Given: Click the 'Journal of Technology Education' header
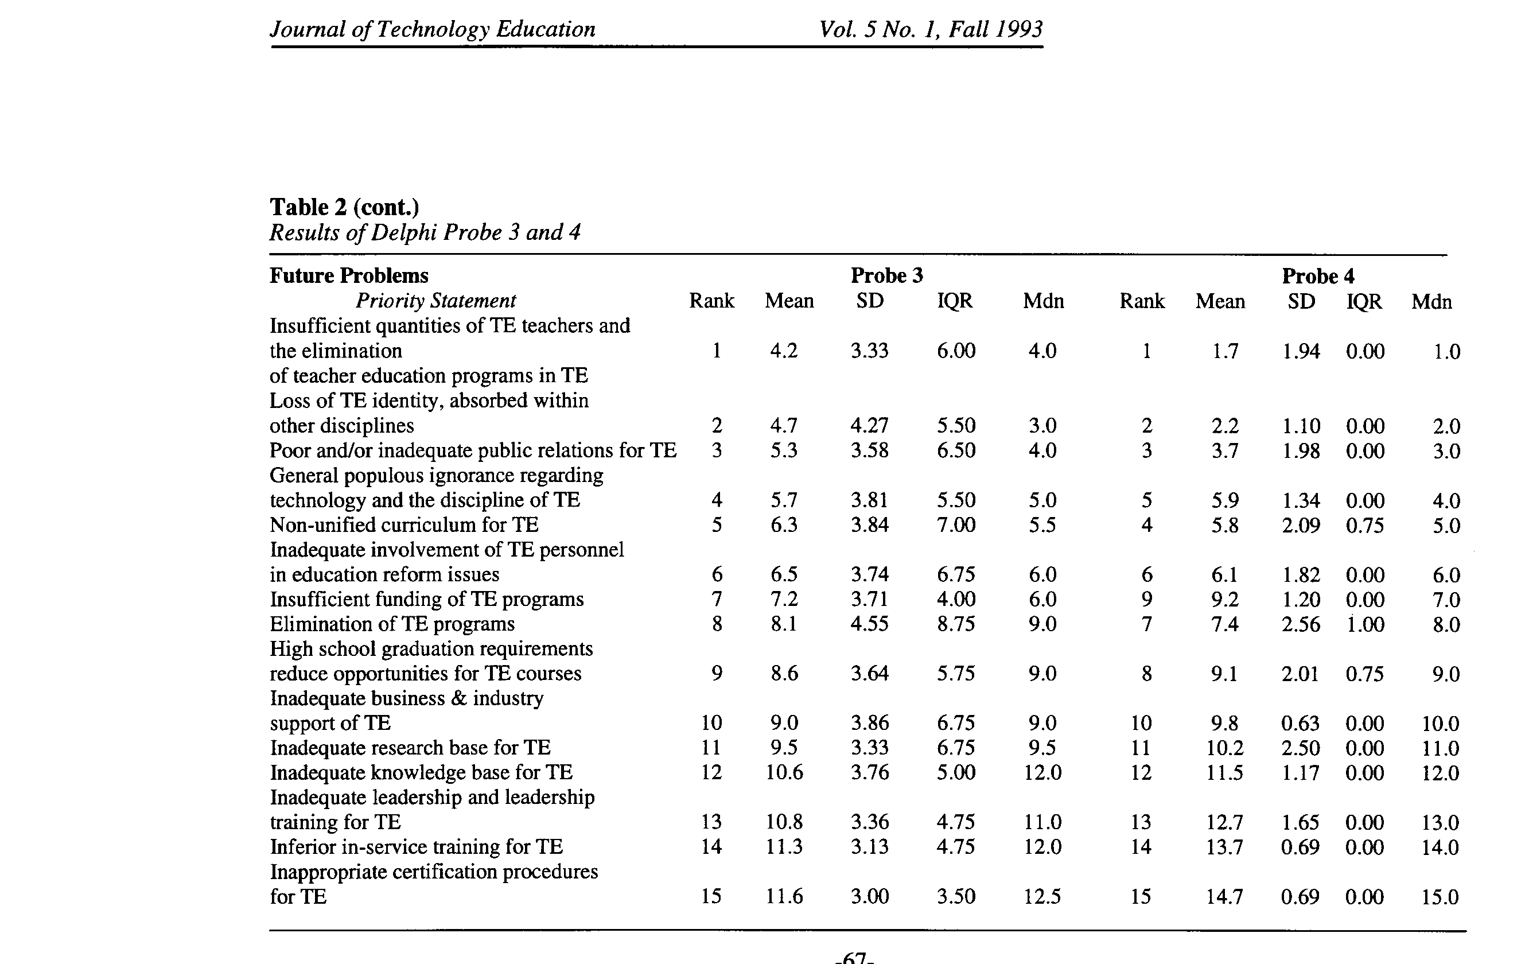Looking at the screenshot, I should point(433,29).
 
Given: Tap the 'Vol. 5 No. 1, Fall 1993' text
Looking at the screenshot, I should point(931,29).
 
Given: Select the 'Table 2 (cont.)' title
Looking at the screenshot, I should point(344,207).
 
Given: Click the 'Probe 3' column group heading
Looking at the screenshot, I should point(886,275).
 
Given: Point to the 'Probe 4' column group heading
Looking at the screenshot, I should point(1318,276).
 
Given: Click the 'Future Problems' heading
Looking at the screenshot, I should point(349,275).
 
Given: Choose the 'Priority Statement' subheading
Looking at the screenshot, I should point(435,300).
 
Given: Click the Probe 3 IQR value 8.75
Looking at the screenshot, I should point(956,624).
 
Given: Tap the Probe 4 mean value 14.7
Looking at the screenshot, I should point(1224,896).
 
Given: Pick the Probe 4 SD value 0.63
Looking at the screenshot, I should point(1300,722).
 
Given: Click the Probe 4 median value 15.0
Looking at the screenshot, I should point(1440,897).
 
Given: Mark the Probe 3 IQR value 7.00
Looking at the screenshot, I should point(956,524).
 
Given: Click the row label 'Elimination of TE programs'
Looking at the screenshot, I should point(392,624).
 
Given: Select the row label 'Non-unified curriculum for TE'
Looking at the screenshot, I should point(404,524).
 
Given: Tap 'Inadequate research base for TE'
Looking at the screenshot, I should point(410,747).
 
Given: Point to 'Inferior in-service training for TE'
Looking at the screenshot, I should point(416,847).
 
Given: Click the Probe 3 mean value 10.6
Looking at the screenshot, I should point(784,772).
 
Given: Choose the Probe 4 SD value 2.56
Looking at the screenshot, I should point(1301,624).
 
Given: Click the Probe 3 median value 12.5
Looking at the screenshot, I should point(1042,896).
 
